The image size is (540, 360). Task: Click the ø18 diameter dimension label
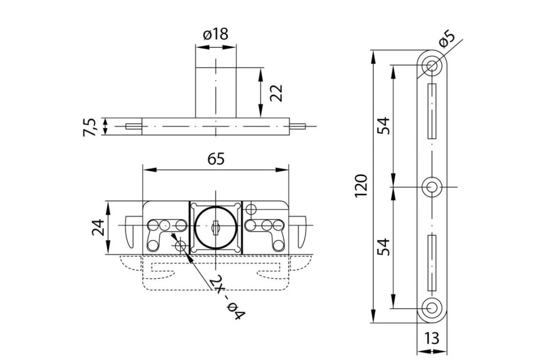pos(215,35)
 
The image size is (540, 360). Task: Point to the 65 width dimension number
pos(216,159)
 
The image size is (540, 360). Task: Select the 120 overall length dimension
pos(361,186)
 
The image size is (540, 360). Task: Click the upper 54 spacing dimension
pos(384,125)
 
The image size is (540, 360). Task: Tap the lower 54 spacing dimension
pos(384,247)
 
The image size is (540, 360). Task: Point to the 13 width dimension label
pos(432,338)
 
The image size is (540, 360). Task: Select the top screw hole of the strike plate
pos(432,66)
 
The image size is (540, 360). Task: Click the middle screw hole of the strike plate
pos(432,186)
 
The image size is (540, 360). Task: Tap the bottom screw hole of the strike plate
pos(432,307)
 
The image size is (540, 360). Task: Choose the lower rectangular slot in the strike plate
pos(432,262)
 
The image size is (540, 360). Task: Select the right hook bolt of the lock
pos(301,230)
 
